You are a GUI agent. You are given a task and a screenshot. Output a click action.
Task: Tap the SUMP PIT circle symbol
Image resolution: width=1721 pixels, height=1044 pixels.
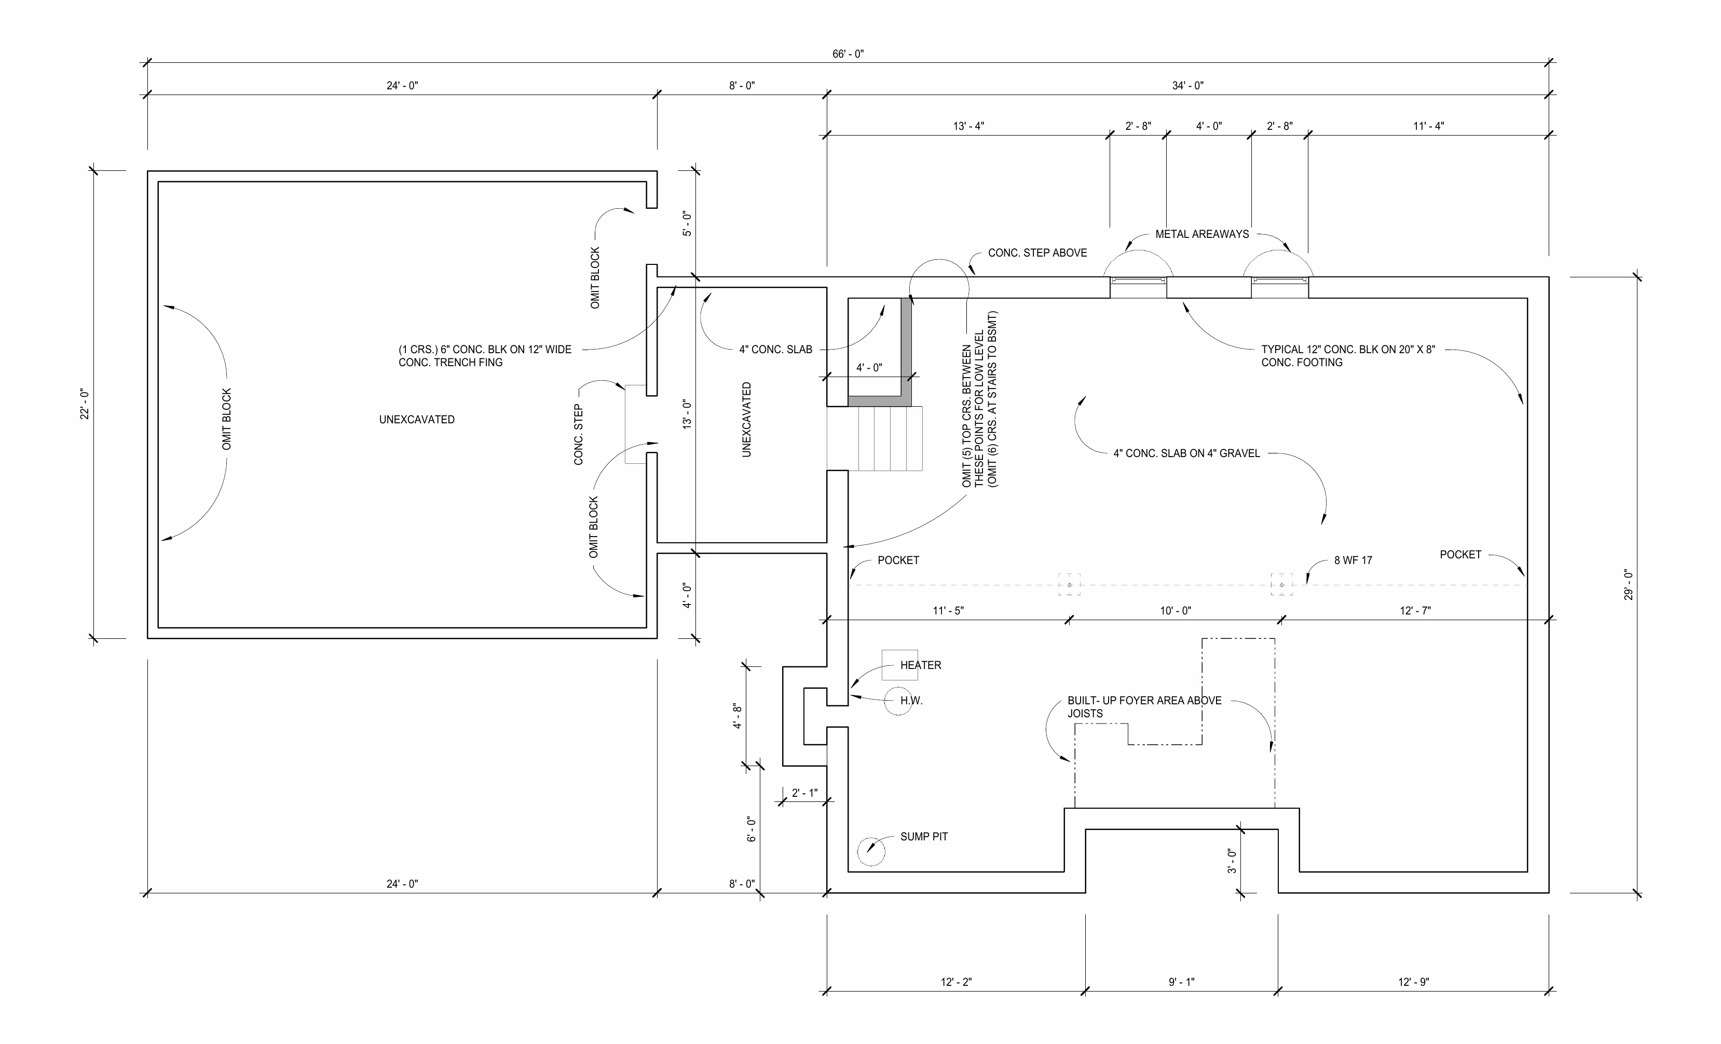(870, 852)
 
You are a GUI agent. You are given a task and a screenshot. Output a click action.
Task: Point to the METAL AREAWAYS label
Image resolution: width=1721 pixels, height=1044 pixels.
(1201, 234)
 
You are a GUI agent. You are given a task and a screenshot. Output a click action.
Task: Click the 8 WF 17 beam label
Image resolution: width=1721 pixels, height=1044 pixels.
(1353, 560)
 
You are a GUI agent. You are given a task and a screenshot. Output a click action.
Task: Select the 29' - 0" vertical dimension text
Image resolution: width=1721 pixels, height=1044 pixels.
(1628, 585)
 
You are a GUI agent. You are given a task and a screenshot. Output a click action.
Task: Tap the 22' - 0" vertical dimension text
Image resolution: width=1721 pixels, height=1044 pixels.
(85, 404)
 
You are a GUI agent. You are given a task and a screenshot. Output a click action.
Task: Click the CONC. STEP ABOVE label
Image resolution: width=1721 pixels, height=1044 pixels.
(1037, 253)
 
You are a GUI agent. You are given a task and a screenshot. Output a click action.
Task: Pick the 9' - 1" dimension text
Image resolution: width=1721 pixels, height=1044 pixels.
(1181, 982)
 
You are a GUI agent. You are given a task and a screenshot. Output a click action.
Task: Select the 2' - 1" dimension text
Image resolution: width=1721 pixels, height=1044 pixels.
(804, 793)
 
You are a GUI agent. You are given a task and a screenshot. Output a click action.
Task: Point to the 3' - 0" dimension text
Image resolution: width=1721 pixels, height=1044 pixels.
(1232, 861)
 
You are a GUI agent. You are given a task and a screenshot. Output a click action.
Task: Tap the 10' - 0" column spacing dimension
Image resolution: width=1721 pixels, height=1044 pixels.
(1176, 611)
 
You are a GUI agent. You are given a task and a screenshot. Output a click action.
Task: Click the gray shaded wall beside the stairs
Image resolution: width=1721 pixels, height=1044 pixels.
(907, 350)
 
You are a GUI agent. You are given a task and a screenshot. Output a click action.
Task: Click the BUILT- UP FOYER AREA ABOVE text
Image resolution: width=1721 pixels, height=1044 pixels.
(1144, 701)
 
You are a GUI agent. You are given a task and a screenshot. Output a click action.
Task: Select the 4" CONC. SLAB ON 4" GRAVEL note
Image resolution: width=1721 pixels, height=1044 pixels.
(1186, 453)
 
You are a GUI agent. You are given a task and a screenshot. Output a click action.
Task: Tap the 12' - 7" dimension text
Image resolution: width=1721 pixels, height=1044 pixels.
(1415, 611)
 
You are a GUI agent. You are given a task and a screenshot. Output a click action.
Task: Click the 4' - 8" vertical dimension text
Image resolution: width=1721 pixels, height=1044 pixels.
(737, 716)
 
